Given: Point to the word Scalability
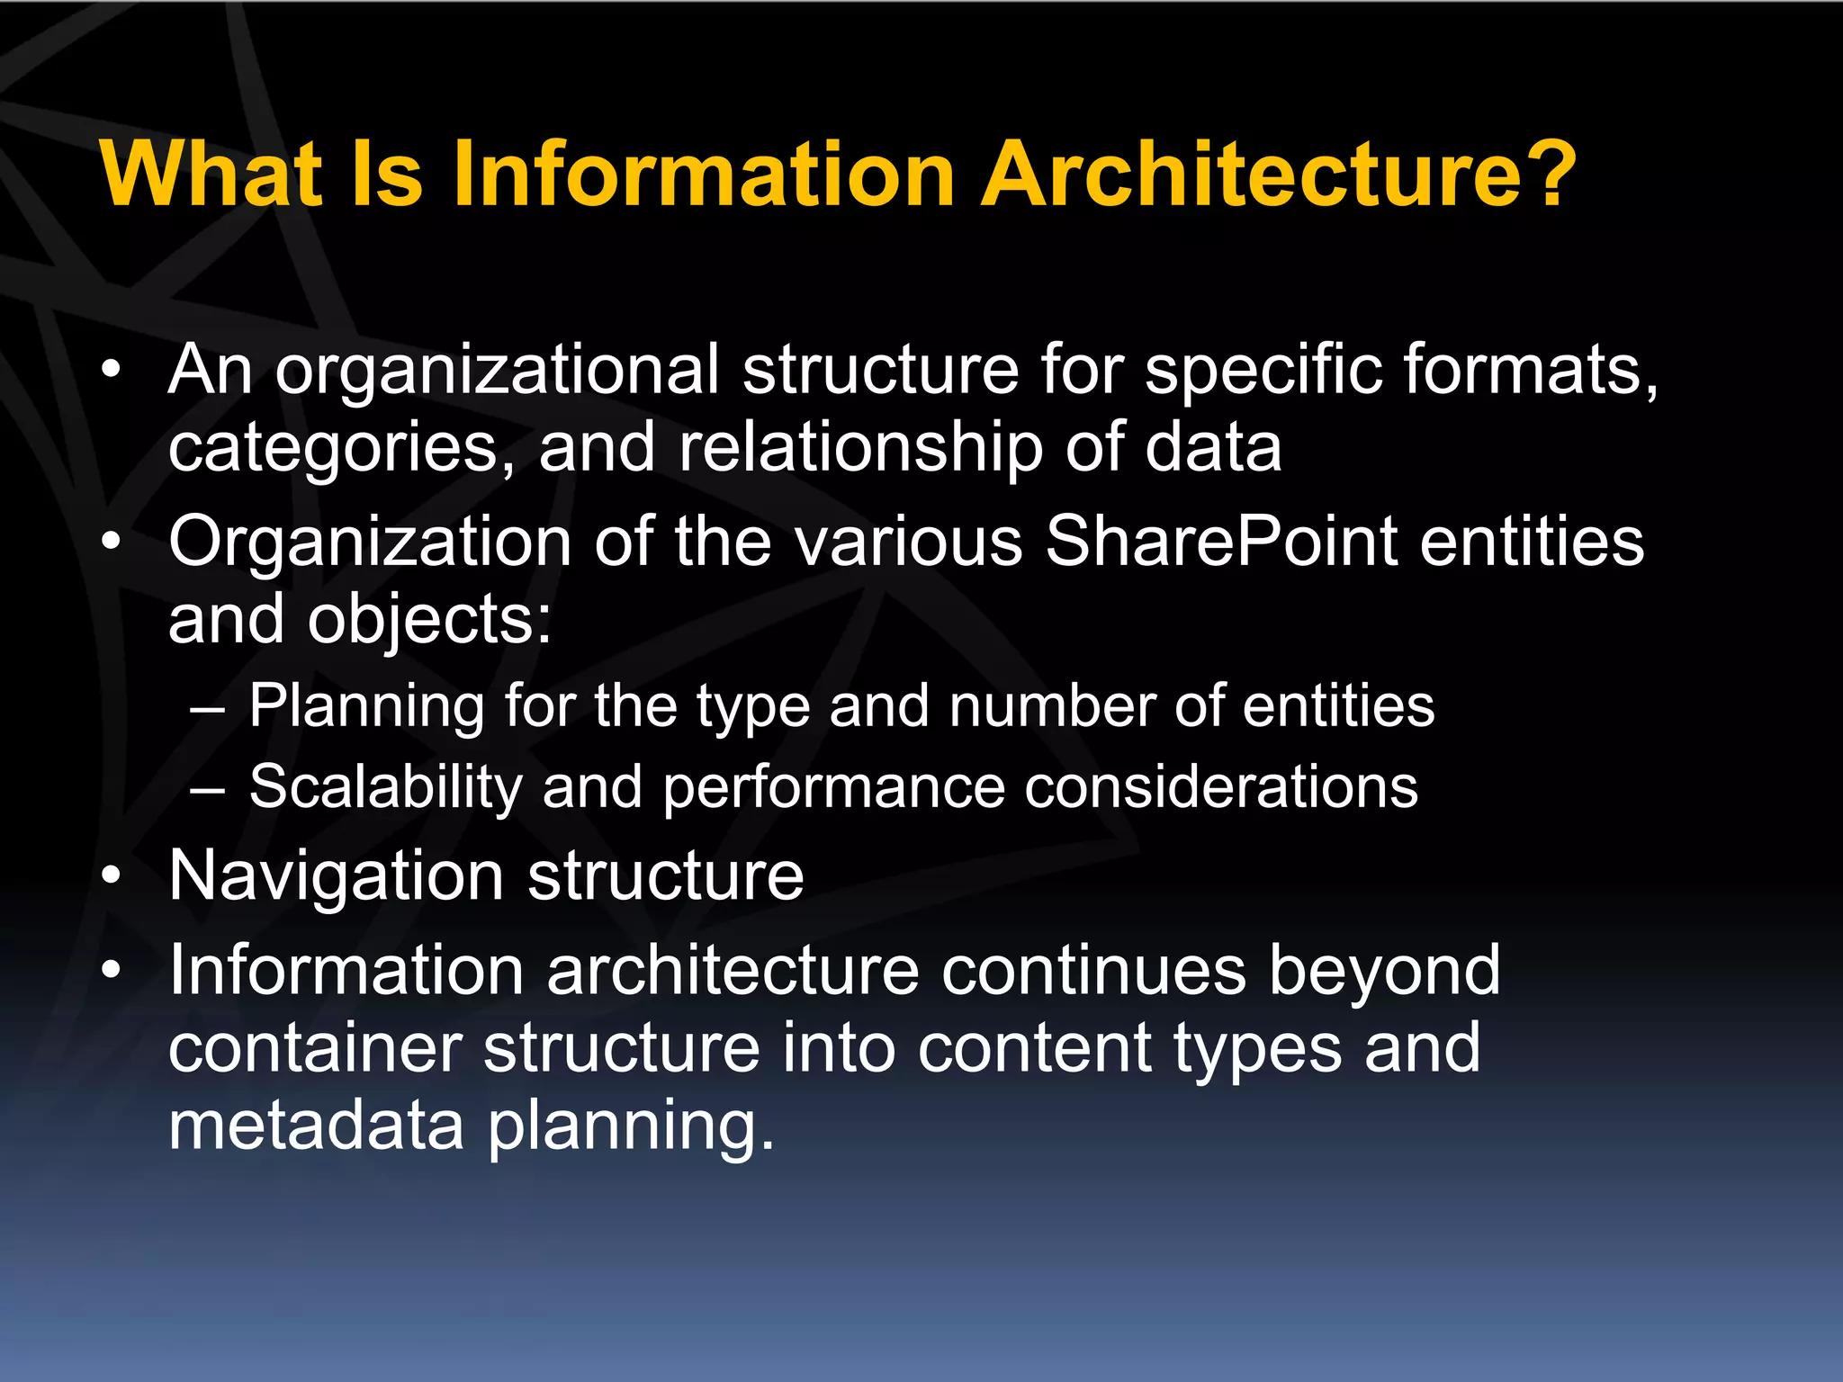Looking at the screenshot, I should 385,786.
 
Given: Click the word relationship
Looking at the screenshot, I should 859,448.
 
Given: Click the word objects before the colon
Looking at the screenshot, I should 422,621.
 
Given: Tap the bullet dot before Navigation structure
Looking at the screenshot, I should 111,876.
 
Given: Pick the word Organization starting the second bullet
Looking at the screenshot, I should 370,543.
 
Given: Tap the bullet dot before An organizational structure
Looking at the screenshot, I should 111,369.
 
